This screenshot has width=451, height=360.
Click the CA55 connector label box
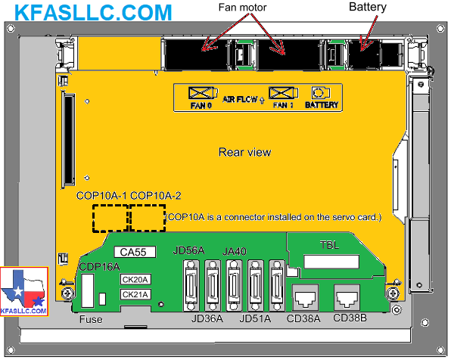pos(135,252)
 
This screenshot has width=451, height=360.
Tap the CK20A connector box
pos(135,280)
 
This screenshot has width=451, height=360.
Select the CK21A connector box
pos(135,294)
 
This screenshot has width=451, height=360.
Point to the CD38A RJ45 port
pos(305,297)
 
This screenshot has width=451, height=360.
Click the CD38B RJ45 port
pos(347,297)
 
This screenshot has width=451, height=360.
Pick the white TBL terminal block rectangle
pos(331,262)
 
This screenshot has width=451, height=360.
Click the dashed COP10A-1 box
pos(110,219)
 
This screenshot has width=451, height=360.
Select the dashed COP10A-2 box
pos(148,219)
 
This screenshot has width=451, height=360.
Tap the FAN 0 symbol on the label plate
pos(203,93)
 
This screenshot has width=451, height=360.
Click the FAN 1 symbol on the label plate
pos(283,93)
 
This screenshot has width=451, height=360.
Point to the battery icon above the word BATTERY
pos(320,93)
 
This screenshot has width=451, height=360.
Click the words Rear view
pos(244,152)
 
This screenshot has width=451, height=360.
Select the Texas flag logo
pos(24,292)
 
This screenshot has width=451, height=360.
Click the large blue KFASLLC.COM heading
pos(93,12)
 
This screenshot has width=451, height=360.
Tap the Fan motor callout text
pos(242,8)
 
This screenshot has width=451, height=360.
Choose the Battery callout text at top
pos(368,7)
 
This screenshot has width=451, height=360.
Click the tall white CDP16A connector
pos(88,290)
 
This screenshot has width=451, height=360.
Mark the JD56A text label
pos(188,250)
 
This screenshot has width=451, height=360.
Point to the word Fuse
pos(91,319)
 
